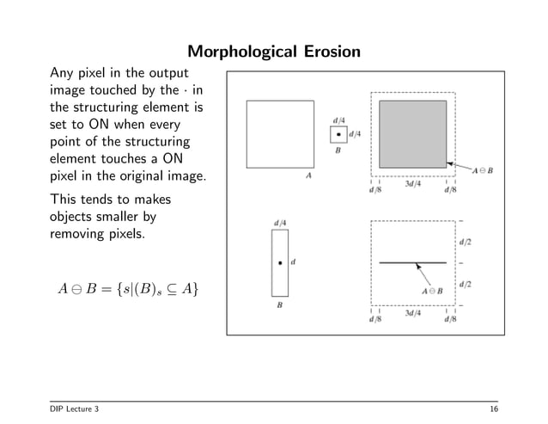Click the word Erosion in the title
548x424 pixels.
point(321,54)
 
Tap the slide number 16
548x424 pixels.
point(491,408)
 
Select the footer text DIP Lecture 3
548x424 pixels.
point(75,408)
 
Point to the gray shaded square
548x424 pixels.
point(413,133)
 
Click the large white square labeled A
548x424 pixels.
point(280,134)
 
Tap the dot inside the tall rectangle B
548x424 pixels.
point(280,262)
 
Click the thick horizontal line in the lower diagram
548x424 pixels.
point(412,262)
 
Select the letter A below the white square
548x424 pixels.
point(308,175)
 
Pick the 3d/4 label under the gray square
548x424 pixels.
point(413,182)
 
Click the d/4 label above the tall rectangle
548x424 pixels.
point(280,223)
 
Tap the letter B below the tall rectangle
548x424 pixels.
point(280,304)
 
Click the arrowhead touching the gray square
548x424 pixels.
point(449,161)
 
